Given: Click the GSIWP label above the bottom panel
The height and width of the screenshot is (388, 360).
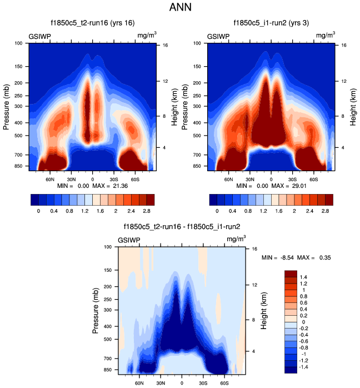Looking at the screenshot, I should click(x=129, y=240).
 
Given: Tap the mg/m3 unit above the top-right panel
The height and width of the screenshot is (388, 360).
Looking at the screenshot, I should click(x=326, y=36).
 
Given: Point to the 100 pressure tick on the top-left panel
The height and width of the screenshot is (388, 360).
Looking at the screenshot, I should click(x=18, y=43).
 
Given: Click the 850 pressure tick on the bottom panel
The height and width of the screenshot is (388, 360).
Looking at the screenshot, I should click(x=107, y=369).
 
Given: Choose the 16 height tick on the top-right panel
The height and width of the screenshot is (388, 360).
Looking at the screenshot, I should click(x=344, y=46).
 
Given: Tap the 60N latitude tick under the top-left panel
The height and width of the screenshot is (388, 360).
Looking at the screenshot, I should click(x=49, y=180).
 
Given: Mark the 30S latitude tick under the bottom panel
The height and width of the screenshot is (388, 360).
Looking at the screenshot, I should click(x=203, y=383).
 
